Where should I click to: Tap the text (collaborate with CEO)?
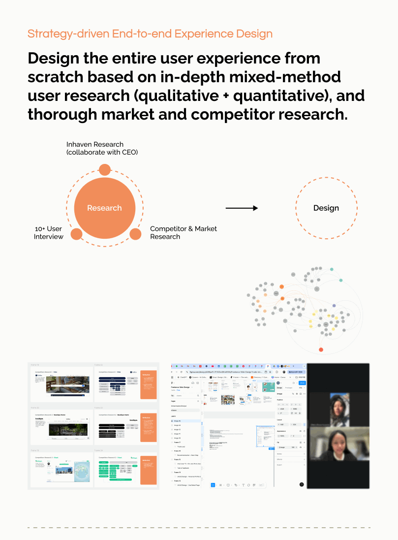click(102, 152)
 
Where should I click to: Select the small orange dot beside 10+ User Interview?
click(76, 234)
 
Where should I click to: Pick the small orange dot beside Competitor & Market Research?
click(135, 234)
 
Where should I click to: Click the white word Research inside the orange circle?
click(104, 208)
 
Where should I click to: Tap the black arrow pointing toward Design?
click(242, 208)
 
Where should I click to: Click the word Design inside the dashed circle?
click(326, 208)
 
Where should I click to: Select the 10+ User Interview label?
click(48, 233)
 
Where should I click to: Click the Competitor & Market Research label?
click(183, 232)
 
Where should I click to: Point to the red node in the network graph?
click(321, 349)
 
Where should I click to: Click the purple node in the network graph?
click(334, 306)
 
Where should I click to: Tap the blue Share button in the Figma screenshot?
click(302, 383)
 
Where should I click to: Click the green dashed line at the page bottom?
click(199, 528)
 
